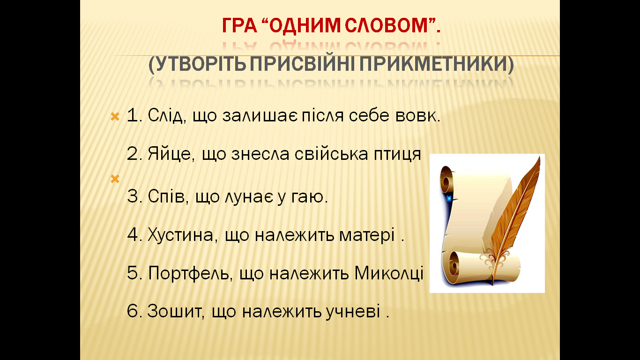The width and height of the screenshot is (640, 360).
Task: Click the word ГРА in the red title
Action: [x=239, y=25]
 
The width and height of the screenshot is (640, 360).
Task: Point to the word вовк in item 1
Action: [x=416, y=115]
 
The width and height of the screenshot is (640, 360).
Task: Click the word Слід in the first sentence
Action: [x=165, y=115]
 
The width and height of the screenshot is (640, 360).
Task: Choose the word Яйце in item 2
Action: [x=169, y=154]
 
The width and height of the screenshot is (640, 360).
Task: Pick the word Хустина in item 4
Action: [x=180, y=235]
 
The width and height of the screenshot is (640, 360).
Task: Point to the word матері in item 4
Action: [x=367, y=236]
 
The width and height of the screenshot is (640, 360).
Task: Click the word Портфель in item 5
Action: [x=188, y=273]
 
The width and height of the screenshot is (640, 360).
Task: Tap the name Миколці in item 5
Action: [x=389, y=273]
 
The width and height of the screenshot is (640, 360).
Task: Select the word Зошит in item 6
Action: [x=174, y=311]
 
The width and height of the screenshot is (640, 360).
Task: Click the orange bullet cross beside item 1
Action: [x=115, y=116]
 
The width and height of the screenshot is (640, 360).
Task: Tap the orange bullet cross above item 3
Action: [x=115, y=179]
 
